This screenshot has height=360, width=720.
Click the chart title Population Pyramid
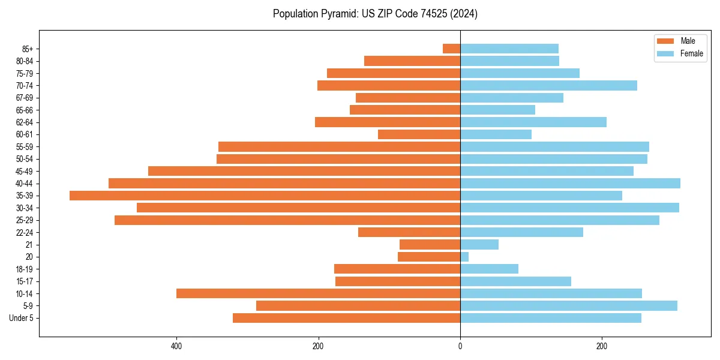coord(375,14)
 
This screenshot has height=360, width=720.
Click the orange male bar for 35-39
coord(265,196)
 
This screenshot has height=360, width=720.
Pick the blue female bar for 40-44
coord(570,183)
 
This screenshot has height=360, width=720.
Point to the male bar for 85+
coord(451,49)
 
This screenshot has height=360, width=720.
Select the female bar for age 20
coord(464,257)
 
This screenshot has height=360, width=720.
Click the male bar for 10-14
coord(318,293)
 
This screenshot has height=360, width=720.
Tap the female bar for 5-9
coord(568,305)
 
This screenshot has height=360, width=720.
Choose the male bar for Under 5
coord(346,318)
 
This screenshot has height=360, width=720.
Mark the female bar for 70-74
coord(548,85)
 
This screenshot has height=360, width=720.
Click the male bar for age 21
coord(430,244)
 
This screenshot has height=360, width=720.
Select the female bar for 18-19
coord(489,269)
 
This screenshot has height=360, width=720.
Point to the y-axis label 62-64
coord(24,122)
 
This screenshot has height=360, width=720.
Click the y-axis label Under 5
coord(22,318)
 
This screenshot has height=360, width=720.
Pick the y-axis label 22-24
coord(24,232)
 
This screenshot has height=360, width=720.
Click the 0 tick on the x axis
coord(460,346)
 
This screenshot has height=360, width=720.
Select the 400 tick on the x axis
coord(176,346)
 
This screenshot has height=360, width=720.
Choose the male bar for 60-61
coord(419,134)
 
